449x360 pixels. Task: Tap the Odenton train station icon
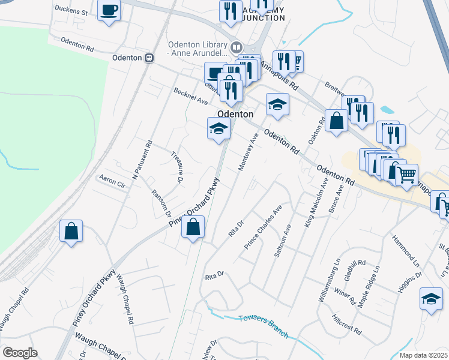point(149,58)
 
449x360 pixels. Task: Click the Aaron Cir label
point(112,182)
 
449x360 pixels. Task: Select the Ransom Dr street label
point(161,203)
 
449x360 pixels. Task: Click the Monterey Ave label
point(249,151)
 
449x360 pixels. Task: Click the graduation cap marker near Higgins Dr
point(431,299)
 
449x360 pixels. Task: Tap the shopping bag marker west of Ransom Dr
point(71,230)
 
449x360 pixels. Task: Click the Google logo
point(20,352)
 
